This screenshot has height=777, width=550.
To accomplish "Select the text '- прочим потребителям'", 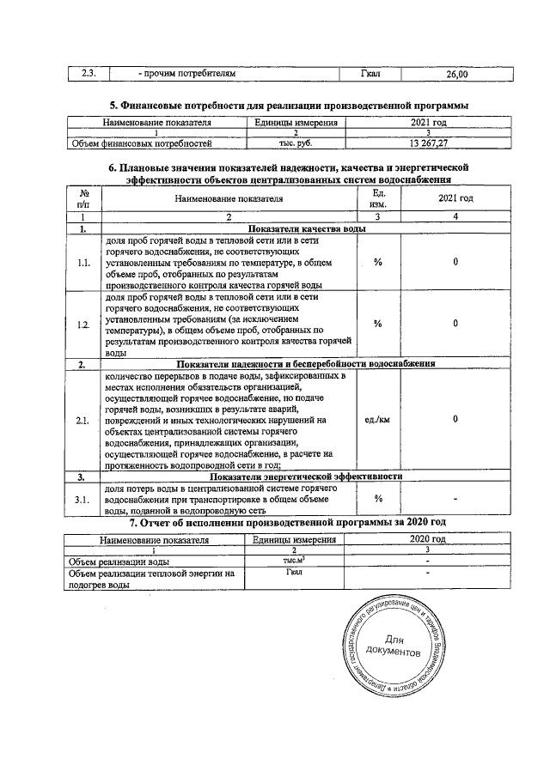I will click(186, 75).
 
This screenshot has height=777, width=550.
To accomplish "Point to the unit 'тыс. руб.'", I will click(294, 143).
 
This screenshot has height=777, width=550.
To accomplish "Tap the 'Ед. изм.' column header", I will click(377, 198).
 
